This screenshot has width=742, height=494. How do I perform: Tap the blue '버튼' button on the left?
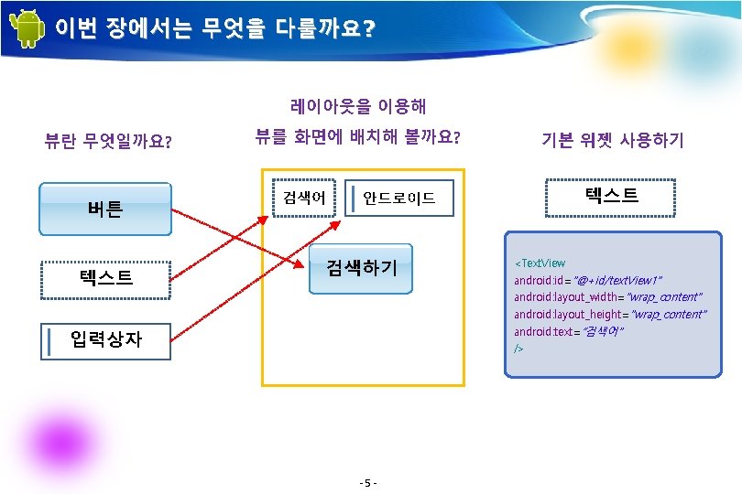pyautogui.click(x=105, y=209)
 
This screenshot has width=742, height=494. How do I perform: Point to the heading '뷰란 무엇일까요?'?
pyautogui.click(x=110, y=141)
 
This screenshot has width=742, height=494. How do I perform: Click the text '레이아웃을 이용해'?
pyautogui.click(x=358, y=107)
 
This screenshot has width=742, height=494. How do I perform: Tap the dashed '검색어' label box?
pyautogui.click(x=303, y=198)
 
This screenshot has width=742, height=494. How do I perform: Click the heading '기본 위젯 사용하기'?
pyautogui.click(x=613, y=140)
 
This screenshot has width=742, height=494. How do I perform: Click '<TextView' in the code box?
pyautogui.click(x=540, y=263)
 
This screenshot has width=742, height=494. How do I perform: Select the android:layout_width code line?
pyautogui.click(x=607, y=296)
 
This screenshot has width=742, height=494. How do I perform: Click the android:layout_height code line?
pyautogui.click(x=610, y=314)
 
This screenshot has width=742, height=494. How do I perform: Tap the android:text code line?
pyautogui.click(x=569, y=331)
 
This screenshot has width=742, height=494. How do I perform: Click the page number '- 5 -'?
pyautogui.click(x=370, y=482)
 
